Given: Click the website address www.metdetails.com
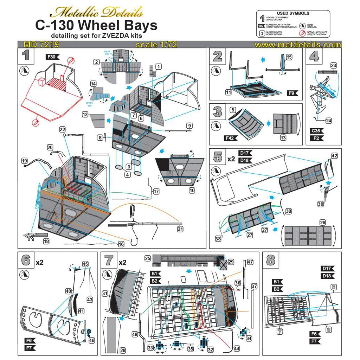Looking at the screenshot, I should [x=297, y=45].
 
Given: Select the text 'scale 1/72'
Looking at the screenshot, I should [x=156, y=45].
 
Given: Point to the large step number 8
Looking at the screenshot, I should [x=271, y=261].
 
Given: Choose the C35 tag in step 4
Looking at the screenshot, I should [x=316, y=131].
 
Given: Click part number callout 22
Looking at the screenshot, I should [x=63, y=129].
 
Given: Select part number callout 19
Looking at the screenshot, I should [x=24, y=161].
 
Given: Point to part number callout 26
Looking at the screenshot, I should [x=322, y=222].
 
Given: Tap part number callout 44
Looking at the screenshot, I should [x=237, y=348].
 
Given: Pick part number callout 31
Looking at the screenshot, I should [x=105, y=293].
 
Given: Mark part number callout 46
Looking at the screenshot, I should [x=92, y=340].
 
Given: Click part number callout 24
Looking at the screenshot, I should [x=328, y=121].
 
